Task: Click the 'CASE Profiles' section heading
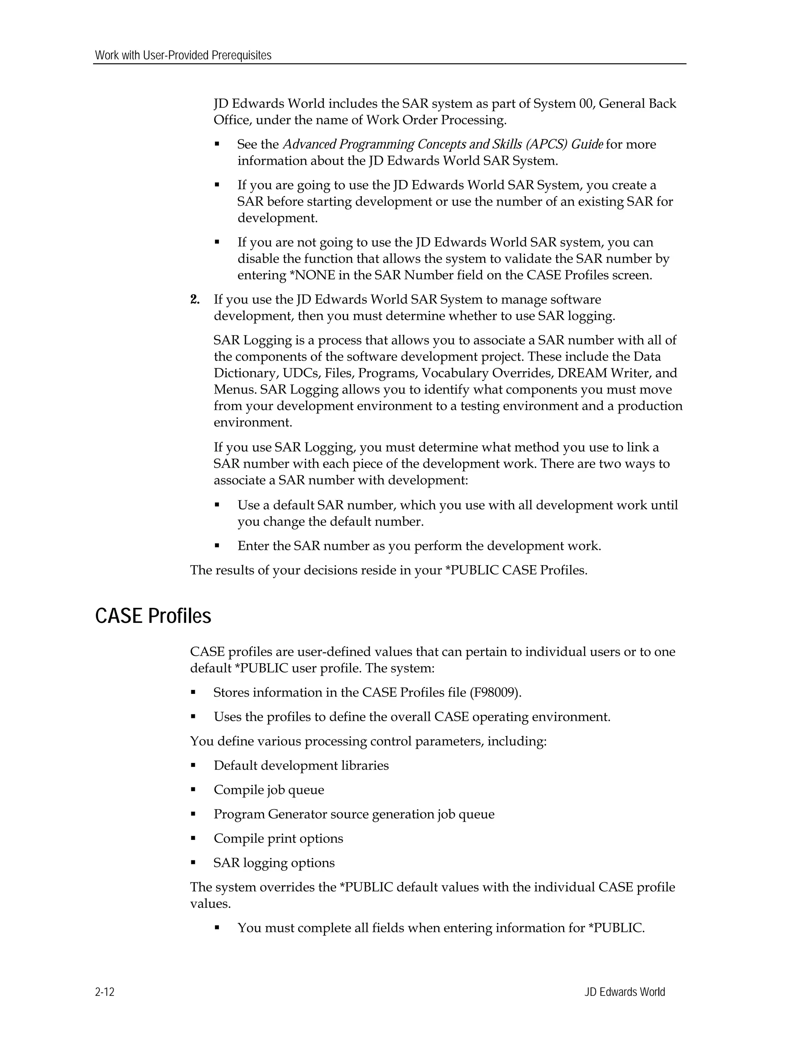[153, 616]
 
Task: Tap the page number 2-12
[105, 992]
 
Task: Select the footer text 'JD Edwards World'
[624, 992]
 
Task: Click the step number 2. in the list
[195, 300]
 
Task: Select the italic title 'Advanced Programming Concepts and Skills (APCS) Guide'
[443, 144]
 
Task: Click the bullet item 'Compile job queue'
[269, 790]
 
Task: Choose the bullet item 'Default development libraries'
[301, 765]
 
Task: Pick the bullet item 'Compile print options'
[278, 839]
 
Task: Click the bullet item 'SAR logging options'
[274, 863]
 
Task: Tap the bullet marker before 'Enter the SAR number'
[217, 545]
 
